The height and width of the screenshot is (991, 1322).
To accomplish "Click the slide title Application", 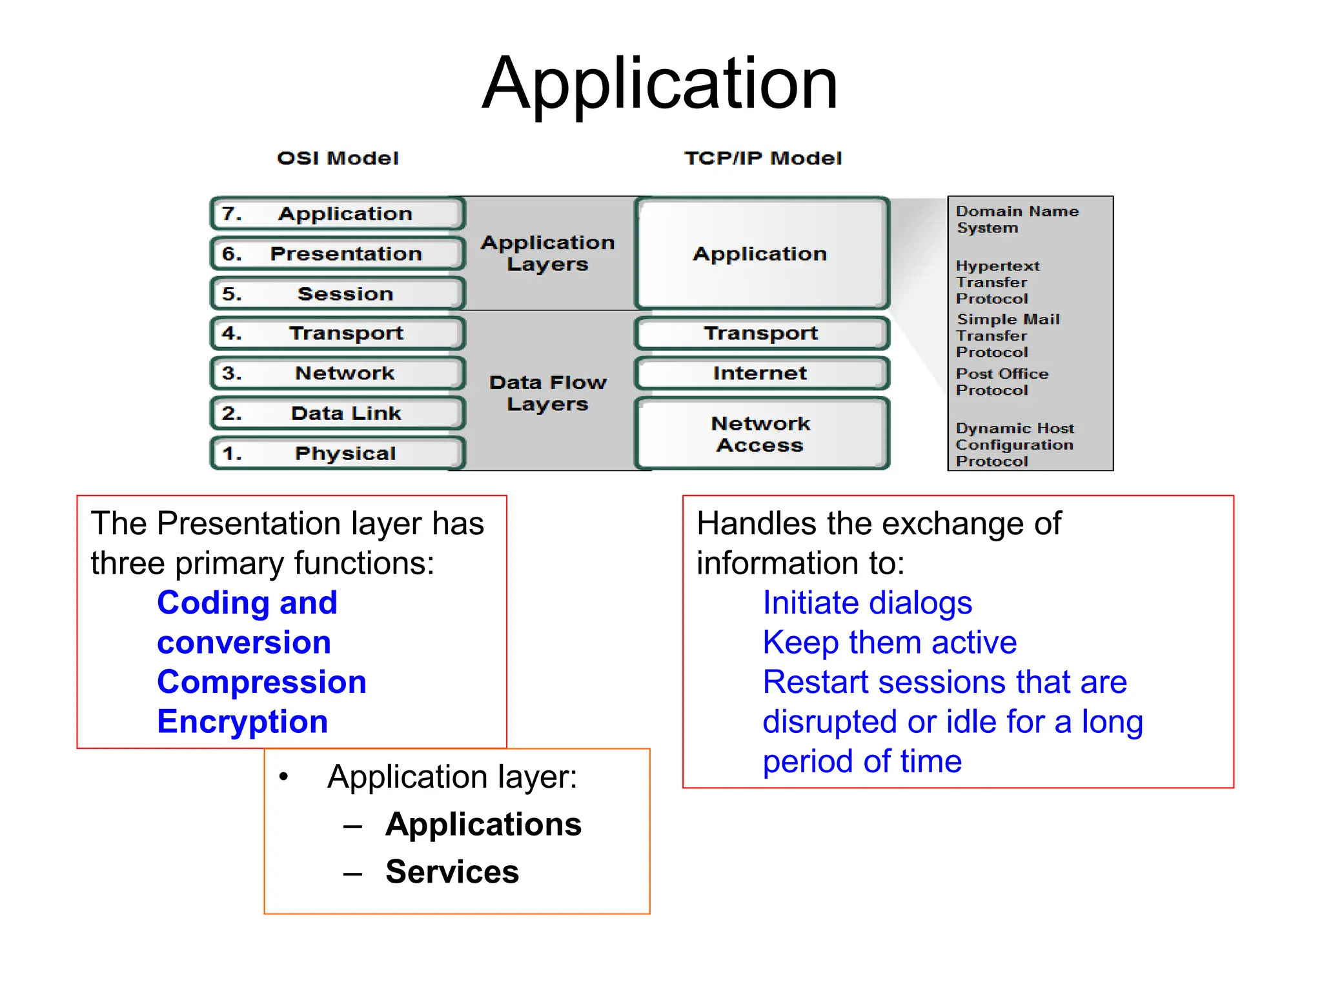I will (660, 84).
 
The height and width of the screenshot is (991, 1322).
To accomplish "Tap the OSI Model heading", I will (338, 158).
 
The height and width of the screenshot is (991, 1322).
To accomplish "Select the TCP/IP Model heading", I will (763, 158).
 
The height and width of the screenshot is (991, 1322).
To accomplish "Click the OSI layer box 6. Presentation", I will (338, 254).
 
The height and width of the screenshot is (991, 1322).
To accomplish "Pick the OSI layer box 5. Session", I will (338, 294).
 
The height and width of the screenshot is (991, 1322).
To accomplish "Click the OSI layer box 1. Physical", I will (338, 453).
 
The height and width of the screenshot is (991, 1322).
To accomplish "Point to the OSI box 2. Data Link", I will (338, 413).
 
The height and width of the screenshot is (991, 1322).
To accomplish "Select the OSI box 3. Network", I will (338, 373).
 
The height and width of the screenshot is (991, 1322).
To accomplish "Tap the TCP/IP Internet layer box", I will (761, 373).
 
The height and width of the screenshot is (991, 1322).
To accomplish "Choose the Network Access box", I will (761, 434).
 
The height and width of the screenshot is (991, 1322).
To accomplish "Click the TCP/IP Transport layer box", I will (761, 333).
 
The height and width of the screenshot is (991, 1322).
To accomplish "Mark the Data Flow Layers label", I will (547, 393).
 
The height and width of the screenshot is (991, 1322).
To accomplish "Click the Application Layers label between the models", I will (547, 253).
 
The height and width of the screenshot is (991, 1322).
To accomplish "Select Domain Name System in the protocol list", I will (1016, 219).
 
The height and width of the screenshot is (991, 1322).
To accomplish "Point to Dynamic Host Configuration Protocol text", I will (1014, 445).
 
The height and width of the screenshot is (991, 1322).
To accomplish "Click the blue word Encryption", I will (243, 721).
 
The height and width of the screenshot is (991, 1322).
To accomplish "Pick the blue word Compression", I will (261, 682).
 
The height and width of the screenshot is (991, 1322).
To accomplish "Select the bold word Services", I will (452, 872).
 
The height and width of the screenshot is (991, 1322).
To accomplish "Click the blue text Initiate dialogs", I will (867, 603).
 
